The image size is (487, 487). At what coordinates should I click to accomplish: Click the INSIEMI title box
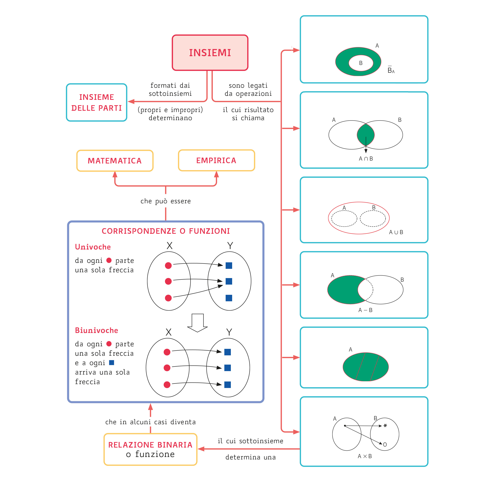click(210, 53)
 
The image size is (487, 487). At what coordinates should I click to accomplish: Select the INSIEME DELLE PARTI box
click(97, 102)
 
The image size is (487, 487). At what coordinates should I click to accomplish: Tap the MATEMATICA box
click(115, 161)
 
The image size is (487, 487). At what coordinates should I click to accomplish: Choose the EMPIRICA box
click(216, 160)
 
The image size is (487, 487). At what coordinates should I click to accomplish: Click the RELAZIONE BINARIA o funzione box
click(150, 449)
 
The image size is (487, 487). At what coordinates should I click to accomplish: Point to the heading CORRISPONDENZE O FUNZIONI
click(166, 231)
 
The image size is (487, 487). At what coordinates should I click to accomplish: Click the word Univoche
click(93, 247)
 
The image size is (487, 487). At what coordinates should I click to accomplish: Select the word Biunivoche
click(97, 330)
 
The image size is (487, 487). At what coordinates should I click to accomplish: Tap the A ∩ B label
click(366, 159)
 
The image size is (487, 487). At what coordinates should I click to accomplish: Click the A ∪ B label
click(396, 232)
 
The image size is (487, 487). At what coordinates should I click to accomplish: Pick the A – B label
click(365, 310)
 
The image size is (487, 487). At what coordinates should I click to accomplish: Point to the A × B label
click(365, 456)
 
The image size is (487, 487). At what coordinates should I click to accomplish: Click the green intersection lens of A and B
click(366, 134)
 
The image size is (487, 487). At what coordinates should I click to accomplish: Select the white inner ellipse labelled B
click(361, 63)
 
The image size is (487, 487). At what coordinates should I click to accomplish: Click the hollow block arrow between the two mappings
click(197, 323)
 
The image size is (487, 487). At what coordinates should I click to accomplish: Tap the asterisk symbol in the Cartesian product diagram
click(385, 426)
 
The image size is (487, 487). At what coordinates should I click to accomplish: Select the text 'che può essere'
click(166, 201)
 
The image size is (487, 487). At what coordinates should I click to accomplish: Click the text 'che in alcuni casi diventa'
click(150, 422)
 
